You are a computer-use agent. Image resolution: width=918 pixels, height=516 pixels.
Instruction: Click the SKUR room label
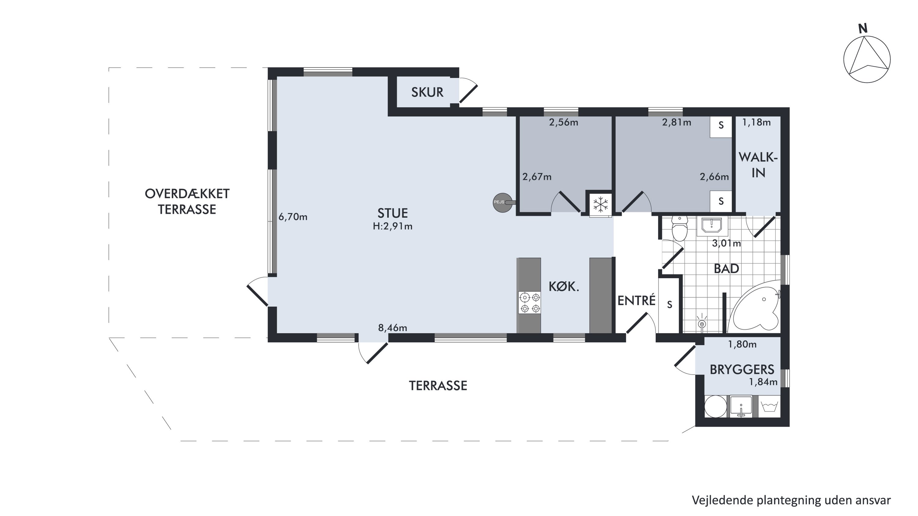coord(427,92)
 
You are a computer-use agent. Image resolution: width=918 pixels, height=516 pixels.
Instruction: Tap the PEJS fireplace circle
coord(502,202)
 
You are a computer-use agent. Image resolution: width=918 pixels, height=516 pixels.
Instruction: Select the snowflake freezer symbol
coord(600,205)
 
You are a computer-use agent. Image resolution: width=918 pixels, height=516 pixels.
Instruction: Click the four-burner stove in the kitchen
coord(530,303)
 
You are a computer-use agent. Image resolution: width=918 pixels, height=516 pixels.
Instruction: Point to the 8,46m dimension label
coord(392,328)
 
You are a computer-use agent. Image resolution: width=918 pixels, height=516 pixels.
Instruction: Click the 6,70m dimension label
coord(293,217)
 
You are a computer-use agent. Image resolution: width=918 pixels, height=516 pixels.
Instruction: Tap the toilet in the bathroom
coord(680,228)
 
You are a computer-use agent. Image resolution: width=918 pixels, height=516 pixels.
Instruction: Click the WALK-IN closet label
coord(758,165)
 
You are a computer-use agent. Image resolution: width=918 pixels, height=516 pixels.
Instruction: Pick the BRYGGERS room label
coord(742,369)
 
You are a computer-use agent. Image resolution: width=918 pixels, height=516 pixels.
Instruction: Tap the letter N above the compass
coord(863,28)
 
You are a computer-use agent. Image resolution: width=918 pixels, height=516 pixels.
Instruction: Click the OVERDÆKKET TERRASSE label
coord(187,202)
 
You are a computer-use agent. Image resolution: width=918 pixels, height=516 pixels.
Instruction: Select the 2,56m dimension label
coord(563,123)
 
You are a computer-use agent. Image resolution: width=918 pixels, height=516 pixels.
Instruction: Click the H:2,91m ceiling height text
coord(392,226)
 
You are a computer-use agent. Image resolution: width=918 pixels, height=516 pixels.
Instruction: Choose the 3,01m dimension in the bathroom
coord(726,243)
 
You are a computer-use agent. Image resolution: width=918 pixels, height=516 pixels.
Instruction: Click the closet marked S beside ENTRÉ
coord(669,305)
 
